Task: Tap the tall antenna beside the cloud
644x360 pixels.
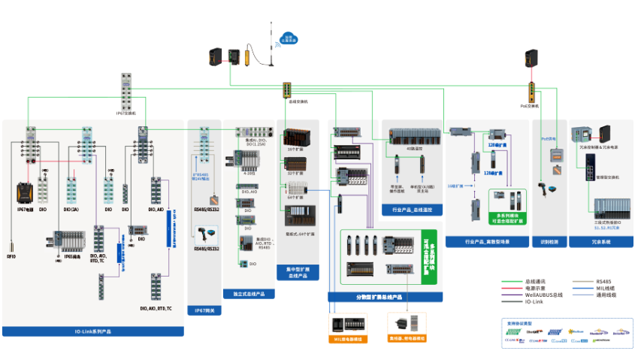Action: (271, 45)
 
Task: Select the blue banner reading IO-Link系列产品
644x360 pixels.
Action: (93, 331)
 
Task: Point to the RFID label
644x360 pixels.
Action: (11, 256)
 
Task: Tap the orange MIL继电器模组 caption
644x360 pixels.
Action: (348, 339)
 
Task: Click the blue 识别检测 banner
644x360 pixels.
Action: (549, 242)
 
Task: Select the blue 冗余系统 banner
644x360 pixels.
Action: (600, 242)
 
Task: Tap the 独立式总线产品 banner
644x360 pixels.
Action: (249, 294)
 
